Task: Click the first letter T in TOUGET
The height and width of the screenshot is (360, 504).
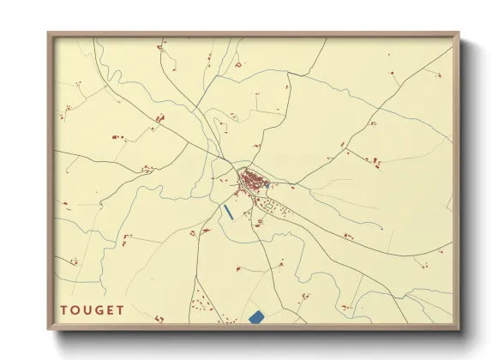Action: (64, 310)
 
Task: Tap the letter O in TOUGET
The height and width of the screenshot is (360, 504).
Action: (76, 310)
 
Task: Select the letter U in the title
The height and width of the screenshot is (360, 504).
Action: (88, 310)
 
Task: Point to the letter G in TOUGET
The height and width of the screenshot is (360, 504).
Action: (100, 310)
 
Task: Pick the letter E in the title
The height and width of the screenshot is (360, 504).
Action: (111, 310)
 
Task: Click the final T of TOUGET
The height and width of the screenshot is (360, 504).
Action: (122, 310)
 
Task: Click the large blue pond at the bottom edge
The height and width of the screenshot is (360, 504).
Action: (255, 317)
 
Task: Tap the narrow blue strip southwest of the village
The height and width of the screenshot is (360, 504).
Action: (228, 210)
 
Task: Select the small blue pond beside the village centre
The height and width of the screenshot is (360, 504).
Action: (267, 184)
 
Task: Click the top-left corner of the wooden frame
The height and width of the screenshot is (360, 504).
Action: (49, 34)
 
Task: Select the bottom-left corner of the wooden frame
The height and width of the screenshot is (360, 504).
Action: (49, 329)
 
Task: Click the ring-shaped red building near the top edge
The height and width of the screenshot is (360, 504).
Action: (238, 65)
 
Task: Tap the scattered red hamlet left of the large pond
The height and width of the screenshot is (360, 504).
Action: (204, 304)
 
